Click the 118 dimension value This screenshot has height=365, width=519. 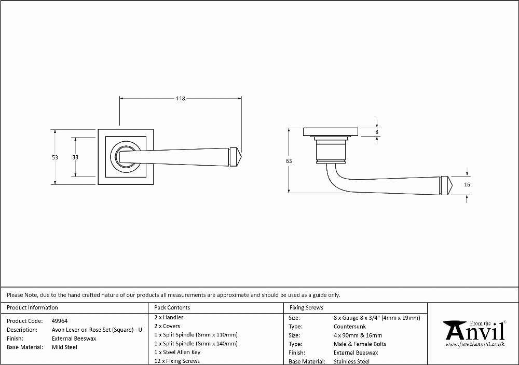click(x=181, y=98)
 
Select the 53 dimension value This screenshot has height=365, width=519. click(x=55, y=157)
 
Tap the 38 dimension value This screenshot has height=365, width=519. click(x=75, y=157)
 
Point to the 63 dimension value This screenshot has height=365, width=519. click(x=289, y=161)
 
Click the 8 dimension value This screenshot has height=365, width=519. click(x=377, y=132)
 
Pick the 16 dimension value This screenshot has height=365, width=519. click(x=467, y=184)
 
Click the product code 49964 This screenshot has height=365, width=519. click(x=60, y=321)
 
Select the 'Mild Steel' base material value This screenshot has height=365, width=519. click(x=64, y=347)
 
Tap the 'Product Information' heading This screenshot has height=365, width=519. click(x=32, y=308)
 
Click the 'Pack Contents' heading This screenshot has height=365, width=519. click(x=172, y=308)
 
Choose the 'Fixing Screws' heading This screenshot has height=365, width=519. click(x=306, y=308)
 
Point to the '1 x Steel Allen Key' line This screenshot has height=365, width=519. click(x=177, y=353)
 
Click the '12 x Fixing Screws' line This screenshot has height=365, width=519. click(x=177, y=361)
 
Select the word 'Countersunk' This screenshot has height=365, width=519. click(x=350, y=327)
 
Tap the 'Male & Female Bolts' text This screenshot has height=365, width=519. click(x=360, y=344)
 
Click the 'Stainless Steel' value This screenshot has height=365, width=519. click(x=351, y=361)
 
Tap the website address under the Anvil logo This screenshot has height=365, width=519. click(x=475, y=344)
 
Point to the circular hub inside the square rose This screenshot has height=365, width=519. click(x=126, y=157)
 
